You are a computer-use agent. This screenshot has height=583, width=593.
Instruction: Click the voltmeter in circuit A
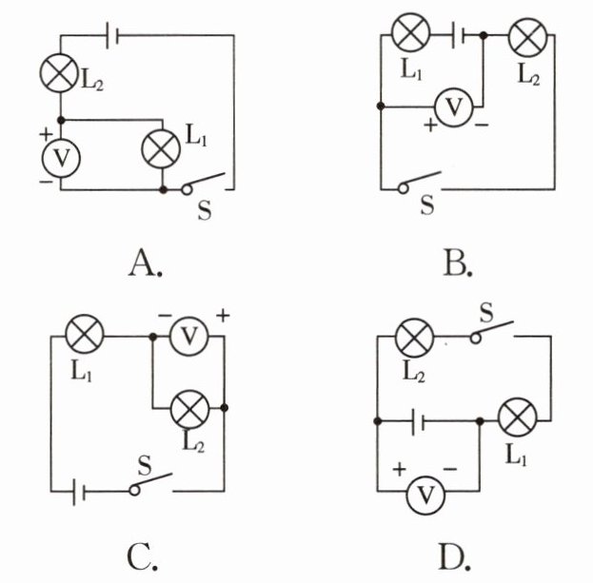coord(61,158)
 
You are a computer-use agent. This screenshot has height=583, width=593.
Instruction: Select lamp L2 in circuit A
coord(59,73)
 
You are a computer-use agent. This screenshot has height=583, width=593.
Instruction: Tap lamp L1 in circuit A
coord(161,149)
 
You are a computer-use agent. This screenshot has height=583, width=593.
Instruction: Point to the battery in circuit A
coord(112,35)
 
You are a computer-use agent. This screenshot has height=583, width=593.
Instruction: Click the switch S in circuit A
coord(205,183)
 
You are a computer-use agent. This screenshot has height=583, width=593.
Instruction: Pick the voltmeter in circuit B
coord(454,107)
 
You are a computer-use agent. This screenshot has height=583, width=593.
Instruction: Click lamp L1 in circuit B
coord(411,32)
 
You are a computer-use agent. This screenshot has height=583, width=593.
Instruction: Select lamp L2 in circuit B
coord(528,37)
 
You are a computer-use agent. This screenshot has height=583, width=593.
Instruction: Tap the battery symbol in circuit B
coord(459,35)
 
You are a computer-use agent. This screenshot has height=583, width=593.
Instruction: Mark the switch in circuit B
coord(420,183)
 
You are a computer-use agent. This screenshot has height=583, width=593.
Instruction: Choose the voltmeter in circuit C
coord(189,336)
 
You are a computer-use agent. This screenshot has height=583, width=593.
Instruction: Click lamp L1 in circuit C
coord(85,334)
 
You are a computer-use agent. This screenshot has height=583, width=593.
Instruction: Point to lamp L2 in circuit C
coord(189,410)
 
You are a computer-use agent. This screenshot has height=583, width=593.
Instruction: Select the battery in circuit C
coord(79,492)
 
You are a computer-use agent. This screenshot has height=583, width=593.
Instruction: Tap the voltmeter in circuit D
coord(425,495)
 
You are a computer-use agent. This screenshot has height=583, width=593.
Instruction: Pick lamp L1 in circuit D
coord(518,418)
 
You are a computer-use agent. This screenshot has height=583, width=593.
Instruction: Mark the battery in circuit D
coord(418,421)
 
